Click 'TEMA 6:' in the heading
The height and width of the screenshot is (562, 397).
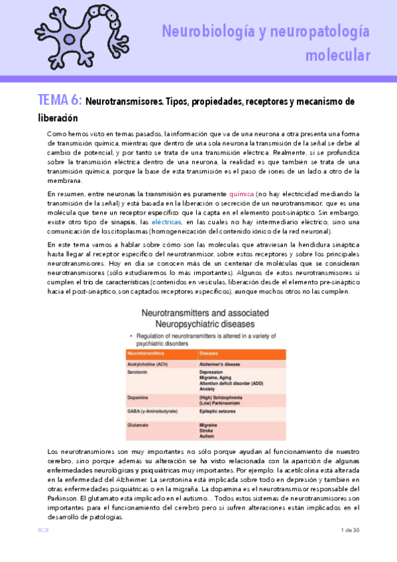60,101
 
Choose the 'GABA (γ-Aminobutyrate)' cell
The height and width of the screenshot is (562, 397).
155,412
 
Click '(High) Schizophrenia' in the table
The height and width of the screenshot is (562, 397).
223,397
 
